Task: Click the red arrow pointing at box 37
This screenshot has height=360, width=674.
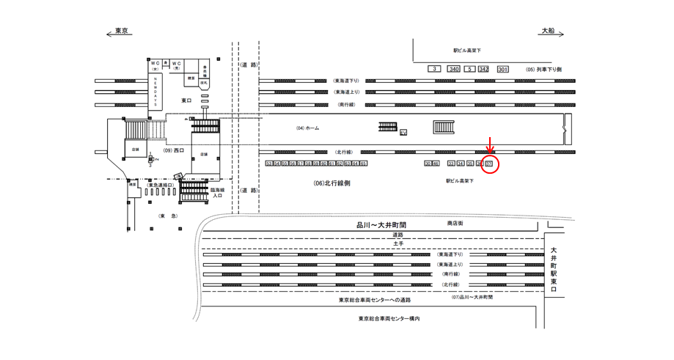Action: [491, 149]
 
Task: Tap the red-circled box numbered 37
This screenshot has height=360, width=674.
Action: [490, 164]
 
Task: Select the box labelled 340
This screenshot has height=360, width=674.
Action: [454, 69]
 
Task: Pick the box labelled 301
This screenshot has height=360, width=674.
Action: [502, 69]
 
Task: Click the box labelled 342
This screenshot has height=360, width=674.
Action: [483, 69]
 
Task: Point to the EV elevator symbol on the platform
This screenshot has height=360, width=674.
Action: [403, 132]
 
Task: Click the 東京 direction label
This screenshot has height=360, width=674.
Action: [121, 31]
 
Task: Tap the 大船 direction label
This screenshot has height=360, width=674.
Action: [548, 31]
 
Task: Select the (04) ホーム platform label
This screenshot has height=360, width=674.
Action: [308, 128]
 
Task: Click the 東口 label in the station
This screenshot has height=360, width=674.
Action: [187, 100]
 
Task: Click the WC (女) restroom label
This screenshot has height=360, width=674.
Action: [155, 65]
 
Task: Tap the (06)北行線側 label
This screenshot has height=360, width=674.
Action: [331, 183]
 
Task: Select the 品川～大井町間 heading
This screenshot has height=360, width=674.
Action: [381, 224]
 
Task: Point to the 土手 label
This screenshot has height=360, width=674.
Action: [398, 243]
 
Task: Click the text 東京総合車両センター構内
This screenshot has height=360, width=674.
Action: [389, 318]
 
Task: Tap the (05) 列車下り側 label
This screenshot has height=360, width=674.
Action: [543, 69]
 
